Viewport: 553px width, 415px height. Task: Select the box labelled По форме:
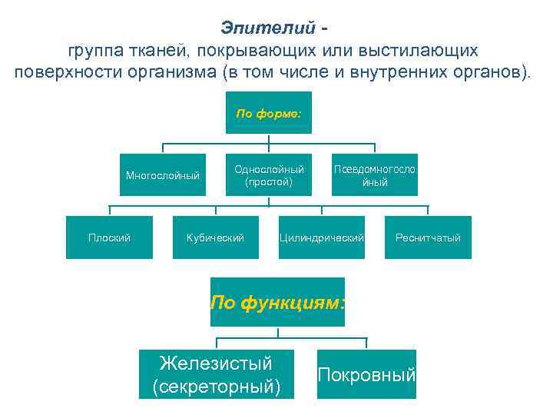pyautogui.click(x=268, y=113)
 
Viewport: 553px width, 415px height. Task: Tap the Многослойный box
pyautogui.click(x=162, y=175)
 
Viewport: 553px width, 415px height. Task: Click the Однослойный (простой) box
pyautogui.click(x=268, y=175)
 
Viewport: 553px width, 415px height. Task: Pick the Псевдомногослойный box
pyautogui.click(x=374, y=175)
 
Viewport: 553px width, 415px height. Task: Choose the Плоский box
pyautogui.click(x=109, y=237)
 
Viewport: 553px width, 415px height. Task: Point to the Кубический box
pyautogui.click(x=215, y=237)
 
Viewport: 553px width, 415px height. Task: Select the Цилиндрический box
pyautogui.click(x=321, y=237)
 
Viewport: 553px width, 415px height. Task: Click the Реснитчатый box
pyautogui.click(x=428, y=237)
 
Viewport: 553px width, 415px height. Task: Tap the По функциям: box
pyautogui.click(x=277, y=302)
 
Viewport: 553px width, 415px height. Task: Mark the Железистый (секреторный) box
pyautogui.click(x=215, y=374)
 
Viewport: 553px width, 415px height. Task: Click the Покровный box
pyautogui.click(x=366, y=374)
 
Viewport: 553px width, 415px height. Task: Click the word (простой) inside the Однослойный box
pyautogui.click(x=268, y=182)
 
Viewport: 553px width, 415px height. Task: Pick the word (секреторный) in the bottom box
pyautogui.click(x=215, y=387)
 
